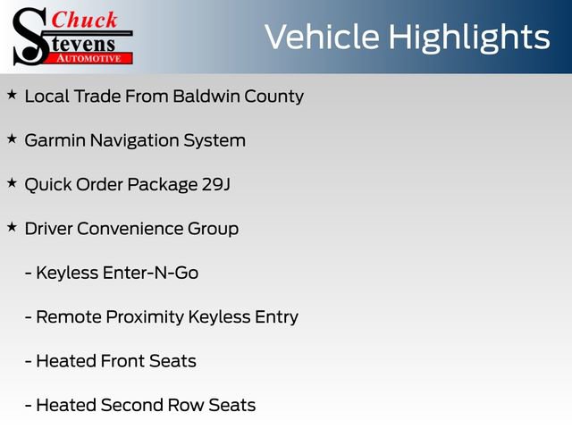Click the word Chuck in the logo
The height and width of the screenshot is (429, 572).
[86, 20]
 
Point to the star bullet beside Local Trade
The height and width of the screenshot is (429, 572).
[12, 94]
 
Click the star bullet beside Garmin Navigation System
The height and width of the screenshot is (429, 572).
[12, 139]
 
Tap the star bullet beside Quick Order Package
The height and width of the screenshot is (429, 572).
[12, 182]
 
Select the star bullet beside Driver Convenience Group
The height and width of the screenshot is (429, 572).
[12, 227]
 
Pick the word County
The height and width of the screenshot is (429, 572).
[274, 96]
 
